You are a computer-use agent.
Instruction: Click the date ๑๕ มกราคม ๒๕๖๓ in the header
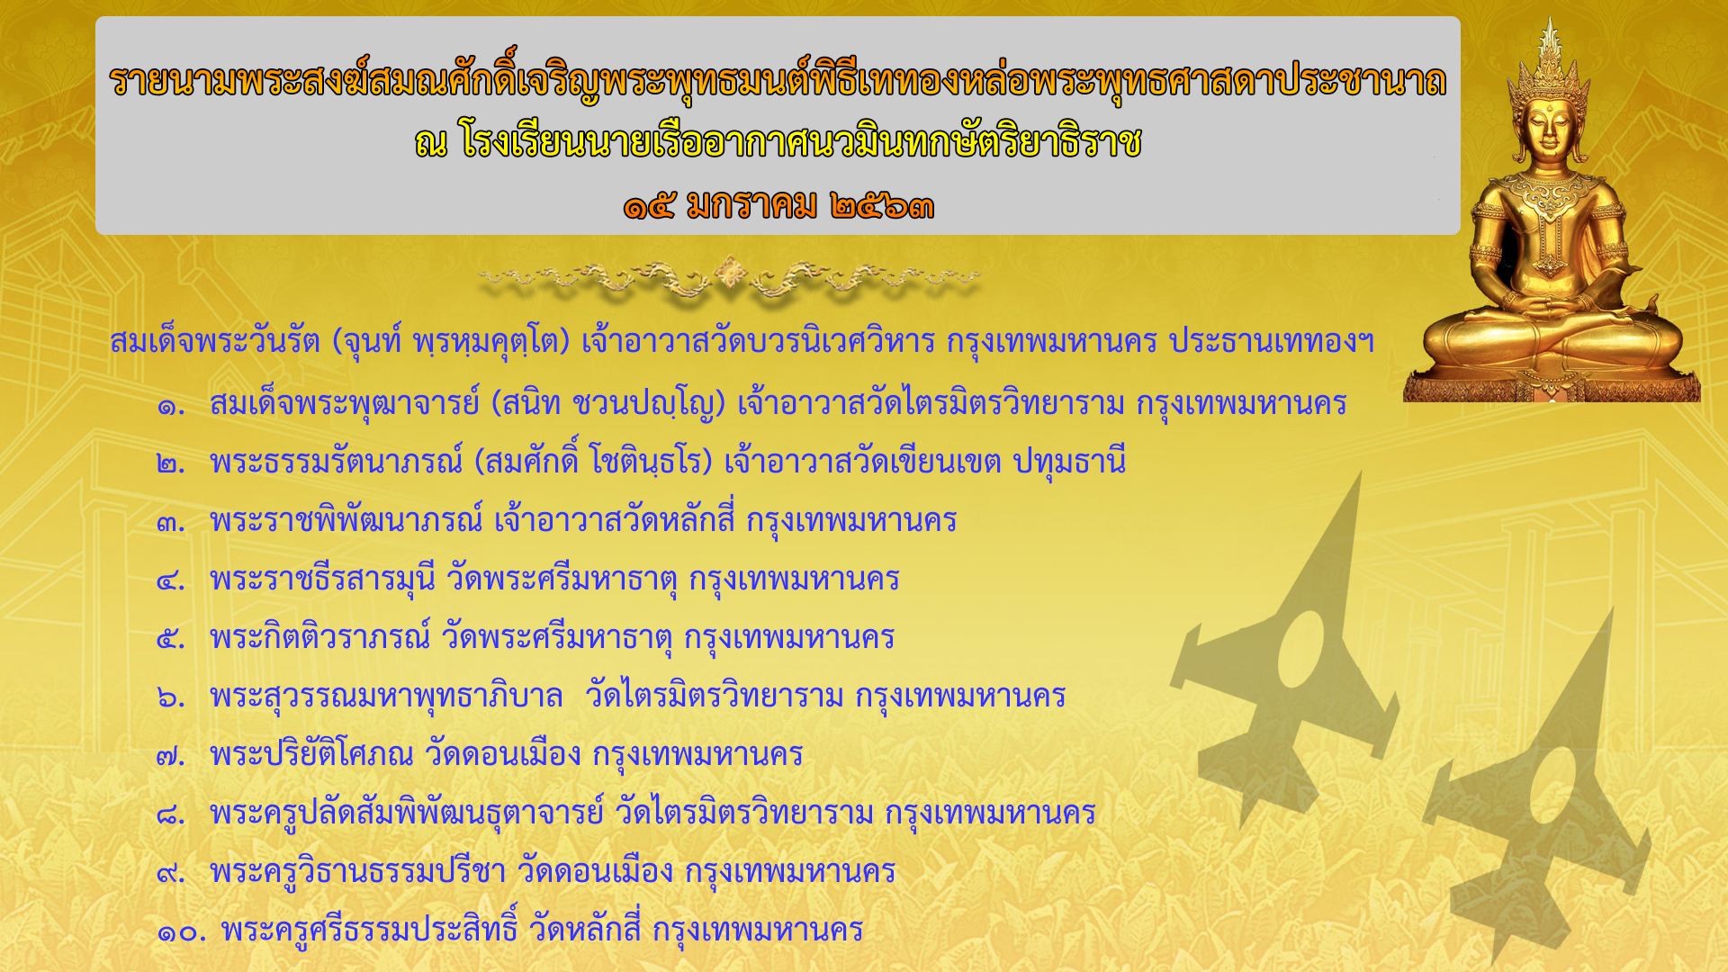click(778, 206)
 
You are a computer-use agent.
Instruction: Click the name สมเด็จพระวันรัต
click(215, 341)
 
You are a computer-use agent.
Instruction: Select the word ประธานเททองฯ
click(1272, 341)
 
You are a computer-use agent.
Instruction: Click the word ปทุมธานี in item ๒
click(1069, 463)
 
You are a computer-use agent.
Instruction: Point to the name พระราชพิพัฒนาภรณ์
click(346, 520)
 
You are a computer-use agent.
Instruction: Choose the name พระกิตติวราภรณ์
click(320, 637)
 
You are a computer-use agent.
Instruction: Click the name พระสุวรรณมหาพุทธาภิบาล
click(386, 696)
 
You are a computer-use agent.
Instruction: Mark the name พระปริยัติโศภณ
click(311, 754)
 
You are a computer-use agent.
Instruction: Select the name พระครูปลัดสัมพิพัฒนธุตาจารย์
click(407, 813)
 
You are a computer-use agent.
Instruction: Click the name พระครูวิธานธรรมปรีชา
click(357, 871)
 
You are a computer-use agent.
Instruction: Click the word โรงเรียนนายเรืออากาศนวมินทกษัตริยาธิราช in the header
click(801, 142)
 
